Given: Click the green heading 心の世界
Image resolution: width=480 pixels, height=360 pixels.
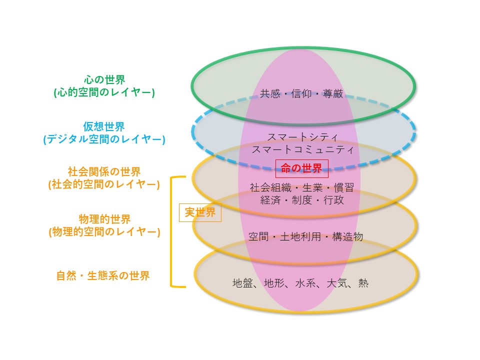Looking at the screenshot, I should pyautogui.click(x=104, y=79).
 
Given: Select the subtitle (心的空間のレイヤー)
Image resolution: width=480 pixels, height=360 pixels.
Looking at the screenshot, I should pyautogui.click(x=104, y=92).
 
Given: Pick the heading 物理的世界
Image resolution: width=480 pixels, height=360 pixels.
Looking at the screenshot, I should pyautogui.click(x=104, y=219).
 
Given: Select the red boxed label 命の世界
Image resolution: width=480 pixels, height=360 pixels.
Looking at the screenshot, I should pyautogui.click(x=301, y=168).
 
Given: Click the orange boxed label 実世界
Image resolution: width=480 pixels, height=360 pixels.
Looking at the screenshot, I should pyautogui.click(x=200, y=212).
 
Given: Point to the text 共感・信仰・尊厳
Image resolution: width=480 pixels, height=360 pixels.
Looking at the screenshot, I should pyautogui.click(x=301, y=93).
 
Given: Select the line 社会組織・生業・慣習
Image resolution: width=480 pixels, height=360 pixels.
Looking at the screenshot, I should pyautogui.click(x=302, y=187).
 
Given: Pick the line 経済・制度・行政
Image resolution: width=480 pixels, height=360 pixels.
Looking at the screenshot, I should pyautogui.click(x=302, y=200).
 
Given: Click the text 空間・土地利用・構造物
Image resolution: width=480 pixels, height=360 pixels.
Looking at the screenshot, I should pyautogui.click(x=305, y=236).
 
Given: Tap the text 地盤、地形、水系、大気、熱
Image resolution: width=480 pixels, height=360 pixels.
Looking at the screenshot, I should pyautogui.click(x=300, y=283).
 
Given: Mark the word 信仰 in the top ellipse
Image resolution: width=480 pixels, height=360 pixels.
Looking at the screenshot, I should pyautogui.click(x=301, y=93).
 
